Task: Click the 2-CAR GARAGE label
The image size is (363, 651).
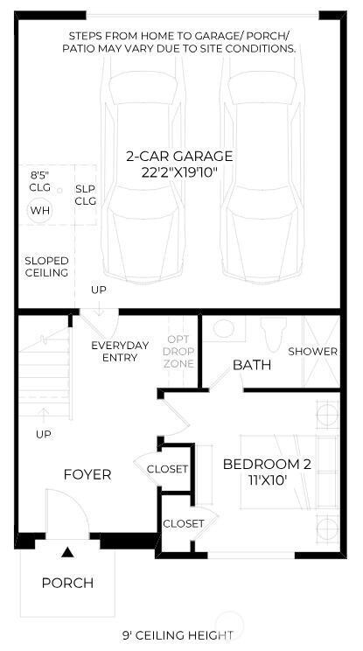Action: tap(179, 157)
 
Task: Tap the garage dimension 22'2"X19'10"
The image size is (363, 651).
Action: tap(179, 172)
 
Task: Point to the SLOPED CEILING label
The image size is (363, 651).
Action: tap(46, 267)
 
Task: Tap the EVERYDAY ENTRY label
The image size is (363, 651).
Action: tap(120, 351)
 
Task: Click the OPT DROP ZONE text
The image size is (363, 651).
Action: tap(178, 351)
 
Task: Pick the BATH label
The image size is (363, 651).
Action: tap(251, 364)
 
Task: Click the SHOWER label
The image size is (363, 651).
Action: tap(312, 351)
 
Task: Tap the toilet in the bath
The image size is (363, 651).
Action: tap(272, 332)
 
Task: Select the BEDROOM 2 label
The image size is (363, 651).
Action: tap(266, 464)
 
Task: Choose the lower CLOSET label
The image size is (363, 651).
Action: tap(184, 523)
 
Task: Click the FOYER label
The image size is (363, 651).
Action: tap(87, 474)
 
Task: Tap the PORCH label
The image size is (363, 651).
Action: tap(67, 583)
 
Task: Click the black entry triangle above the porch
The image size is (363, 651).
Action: tap(66, 552)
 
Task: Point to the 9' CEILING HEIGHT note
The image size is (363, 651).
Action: tap(178, 635)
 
